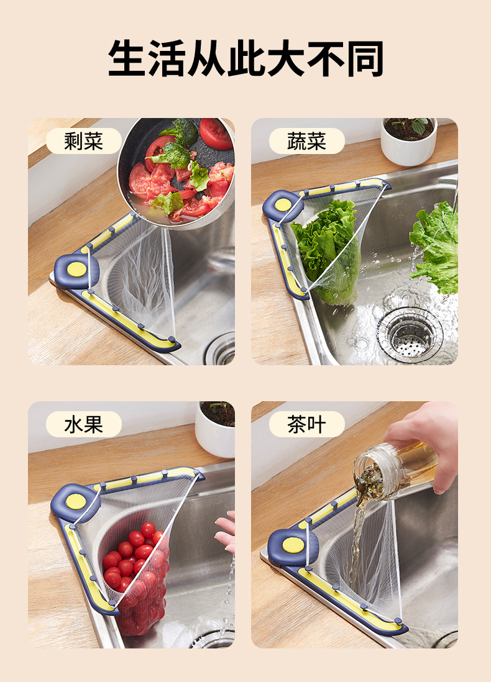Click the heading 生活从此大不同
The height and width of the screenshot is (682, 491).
coord(245,59)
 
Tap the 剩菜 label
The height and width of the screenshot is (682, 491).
coord(83,141)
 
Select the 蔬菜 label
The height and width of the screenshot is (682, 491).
coord(306,141)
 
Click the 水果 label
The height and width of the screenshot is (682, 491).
coord(83,424)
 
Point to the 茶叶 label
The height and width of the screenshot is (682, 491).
coord(306,424)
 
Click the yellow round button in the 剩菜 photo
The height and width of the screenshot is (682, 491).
coord(76,269)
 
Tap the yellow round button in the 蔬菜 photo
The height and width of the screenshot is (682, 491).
coord(283,204)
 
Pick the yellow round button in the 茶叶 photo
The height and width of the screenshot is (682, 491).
coord(293,545)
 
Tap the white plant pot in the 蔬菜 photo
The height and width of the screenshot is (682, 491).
coord(408,141)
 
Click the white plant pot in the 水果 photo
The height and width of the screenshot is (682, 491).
coord(215,429)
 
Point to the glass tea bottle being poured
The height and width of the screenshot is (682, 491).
coord(392,469)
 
